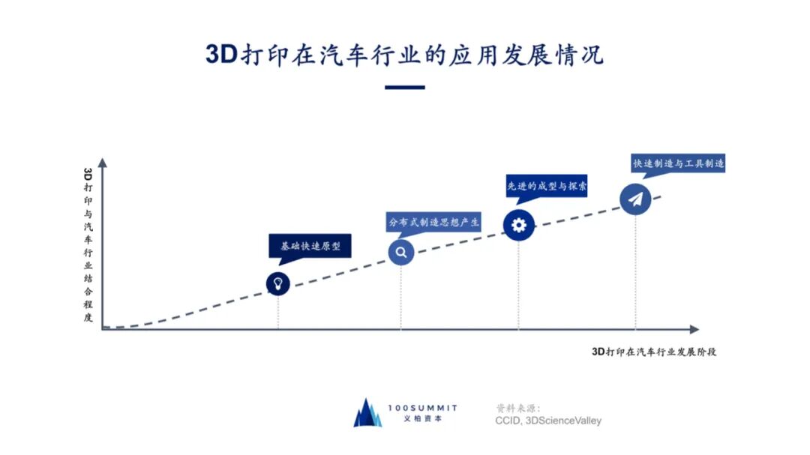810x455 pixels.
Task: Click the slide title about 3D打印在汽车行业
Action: point(405,55)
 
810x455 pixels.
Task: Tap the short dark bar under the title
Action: point(405,88)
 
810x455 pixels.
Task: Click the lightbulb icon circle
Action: point(278,283)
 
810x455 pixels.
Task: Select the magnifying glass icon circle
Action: point(401,253)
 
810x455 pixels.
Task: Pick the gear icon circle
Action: point(519,224)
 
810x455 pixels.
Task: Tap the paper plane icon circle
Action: point(636,199)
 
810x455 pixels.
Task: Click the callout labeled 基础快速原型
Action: point(310,246)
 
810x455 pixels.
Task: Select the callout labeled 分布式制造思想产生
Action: point(433,222)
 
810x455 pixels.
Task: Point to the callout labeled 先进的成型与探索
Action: point(545,185)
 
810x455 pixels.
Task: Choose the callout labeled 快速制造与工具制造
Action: point(678,163)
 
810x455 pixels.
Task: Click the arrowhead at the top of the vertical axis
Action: point(102,162)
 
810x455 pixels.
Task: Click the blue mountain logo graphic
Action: point(367,413)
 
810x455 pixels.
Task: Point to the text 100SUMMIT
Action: point(423,407)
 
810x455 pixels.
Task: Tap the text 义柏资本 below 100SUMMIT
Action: point(423,419)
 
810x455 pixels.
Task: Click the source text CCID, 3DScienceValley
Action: point(547,421)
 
